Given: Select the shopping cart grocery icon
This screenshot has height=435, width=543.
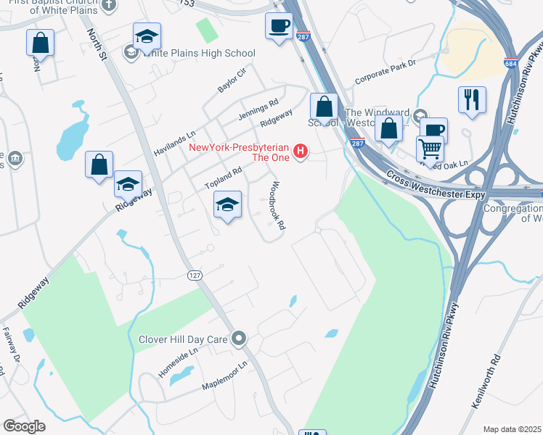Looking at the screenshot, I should coord(430,149).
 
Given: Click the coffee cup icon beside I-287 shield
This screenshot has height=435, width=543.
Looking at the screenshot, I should coord(279,28).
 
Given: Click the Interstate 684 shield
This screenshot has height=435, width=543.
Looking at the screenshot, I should coord(511,64).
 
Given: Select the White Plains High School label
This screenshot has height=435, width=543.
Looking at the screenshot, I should coord(199,53).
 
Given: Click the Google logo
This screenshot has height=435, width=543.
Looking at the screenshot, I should coord(24,426).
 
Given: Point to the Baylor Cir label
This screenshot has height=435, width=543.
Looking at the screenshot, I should coord(232,79).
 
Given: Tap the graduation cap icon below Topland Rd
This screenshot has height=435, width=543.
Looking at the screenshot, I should coord(228,206).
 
